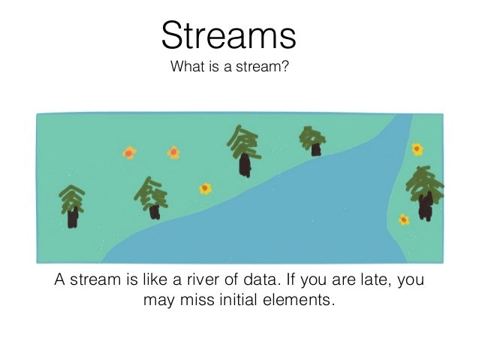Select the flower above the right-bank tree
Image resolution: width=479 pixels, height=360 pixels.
pos(417,149)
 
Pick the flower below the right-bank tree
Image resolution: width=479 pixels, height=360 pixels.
pos(404,219)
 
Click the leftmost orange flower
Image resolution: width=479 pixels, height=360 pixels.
pos(129,153)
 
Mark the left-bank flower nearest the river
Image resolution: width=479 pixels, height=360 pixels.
pos(205,188)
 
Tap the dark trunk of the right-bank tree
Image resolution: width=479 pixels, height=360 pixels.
pos(426,207)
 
